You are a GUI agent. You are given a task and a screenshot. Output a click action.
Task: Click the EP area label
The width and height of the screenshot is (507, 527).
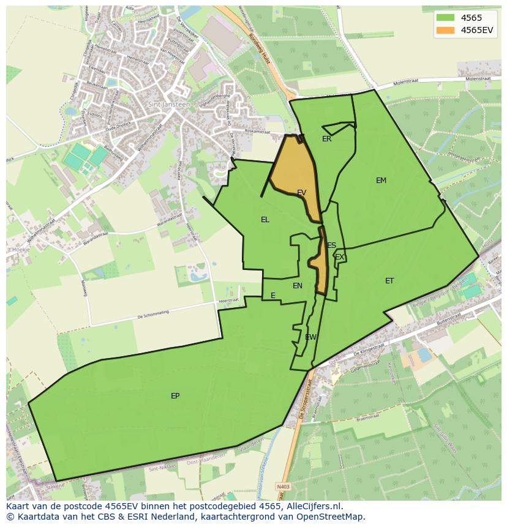(175, 396)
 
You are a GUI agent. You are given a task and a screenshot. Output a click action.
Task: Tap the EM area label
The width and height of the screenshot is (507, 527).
(381, 181)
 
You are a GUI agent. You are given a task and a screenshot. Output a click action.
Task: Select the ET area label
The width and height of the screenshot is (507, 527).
(389, 281)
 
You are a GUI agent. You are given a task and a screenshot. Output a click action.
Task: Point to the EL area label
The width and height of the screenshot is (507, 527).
(265, 220)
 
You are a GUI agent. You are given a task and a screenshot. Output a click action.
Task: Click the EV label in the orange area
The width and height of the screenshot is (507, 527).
(301, 193)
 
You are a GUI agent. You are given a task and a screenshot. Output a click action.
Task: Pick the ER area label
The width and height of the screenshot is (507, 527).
(326, 139)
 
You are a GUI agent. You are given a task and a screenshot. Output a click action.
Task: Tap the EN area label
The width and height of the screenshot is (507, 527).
(298, 286)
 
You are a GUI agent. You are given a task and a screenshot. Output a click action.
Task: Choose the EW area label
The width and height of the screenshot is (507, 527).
(310, 337)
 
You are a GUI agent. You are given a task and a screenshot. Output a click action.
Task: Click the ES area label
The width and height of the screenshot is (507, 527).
(331, 245)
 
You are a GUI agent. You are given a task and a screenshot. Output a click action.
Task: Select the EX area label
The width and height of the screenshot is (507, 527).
(339, 257)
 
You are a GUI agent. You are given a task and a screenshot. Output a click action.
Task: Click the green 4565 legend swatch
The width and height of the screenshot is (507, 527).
(445, 18)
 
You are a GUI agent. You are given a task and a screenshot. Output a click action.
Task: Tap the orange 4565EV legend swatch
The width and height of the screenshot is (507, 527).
(445, 30)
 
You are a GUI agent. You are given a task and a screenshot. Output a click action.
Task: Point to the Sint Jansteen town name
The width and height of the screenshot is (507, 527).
(169, 105)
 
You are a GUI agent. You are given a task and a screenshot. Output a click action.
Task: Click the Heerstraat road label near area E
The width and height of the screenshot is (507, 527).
(228, 301)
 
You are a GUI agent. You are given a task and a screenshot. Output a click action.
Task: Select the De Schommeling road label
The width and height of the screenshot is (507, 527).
(152, 316)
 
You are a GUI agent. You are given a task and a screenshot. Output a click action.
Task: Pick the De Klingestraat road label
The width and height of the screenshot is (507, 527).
(369, 349)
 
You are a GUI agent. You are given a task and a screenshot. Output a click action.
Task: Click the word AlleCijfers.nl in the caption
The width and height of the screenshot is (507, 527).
(314, 507)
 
